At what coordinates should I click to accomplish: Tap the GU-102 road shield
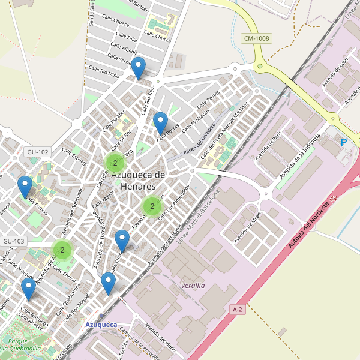tap(37, 152)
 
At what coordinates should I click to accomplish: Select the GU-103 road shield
tap(14, 241)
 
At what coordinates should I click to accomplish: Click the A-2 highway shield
tap(237, 308)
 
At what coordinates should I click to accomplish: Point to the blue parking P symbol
tap(344, 142)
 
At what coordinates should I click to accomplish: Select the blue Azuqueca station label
tap(101, 325)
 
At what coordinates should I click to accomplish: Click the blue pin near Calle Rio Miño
tap(139, 68)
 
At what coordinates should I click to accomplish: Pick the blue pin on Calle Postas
tap(160, 123)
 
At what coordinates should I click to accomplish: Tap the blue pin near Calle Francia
tap(25, 187)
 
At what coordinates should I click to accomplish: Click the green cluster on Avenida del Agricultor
tap(62, 250)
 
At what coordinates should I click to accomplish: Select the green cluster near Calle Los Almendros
tap(152, 206)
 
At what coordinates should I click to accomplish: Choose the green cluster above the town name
tap(115, 162)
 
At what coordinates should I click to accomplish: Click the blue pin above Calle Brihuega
tap(28, 288)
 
